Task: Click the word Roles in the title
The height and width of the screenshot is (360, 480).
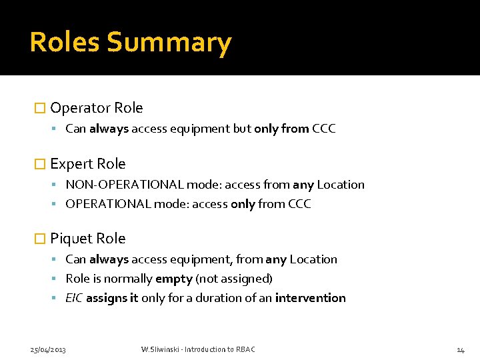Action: point(65,43)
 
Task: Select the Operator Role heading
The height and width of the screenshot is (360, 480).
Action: point(96,108)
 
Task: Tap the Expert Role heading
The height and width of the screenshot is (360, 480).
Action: point(87,164)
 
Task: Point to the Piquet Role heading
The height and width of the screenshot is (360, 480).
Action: point(87,239)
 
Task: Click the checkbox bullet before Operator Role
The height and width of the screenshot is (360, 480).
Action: point(40,108)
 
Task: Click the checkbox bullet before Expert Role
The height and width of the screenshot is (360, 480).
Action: point(40,164)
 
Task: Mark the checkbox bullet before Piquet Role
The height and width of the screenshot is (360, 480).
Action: point(40,239)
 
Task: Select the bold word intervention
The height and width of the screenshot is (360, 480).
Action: point(310,298)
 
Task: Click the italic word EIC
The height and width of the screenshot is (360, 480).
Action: point(74,298)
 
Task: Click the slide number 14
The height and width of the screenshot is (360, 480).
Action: point(460,349)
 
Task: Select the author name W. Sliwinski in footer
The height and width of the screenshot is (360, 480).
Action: point(161,349)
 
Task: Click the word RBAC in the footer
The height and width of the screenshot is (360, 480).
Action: point(245,349)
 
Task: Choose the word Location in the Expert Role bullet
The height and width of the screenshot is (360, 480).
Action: point(341,185)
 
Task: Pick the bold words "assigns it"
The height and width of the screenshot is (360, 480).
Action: point(112,298)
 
